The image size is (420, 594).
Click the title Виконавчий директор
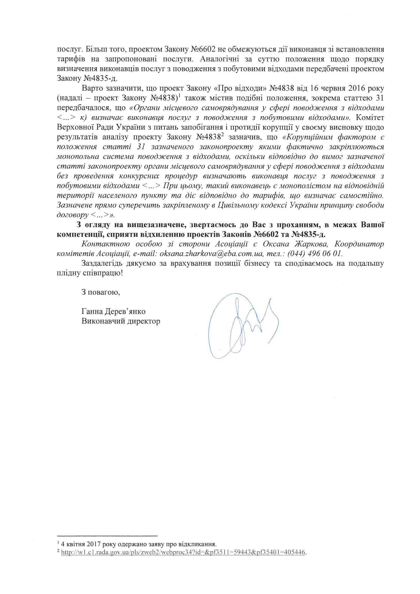[x=121, y=321]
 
